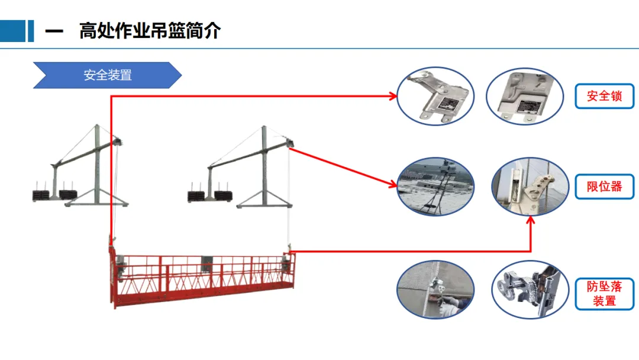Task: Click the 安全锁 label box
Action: pyautogui.click(x=604, y=96)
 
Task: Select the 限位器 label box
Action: pyautogui.click(x=604, y=187)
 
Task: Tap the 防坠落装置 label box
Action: pyautogui.click(x=604, y=294)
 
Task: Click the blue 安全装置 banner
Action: pyautogui.click(x=107, y=75)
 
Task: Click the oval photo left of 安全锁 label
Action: pyautogui.click(x=523, y=96)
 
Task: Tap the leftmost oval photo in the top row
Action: pyautogui.click(x=435, y=96)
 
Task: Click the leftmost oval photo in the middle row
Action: pyautogui.click(x=435, y=187)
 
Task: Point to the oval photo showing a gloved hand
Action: pyautogui.click(x=435, y=290)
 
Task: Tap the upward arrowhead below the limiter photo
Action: pyautogui.click(x=531, y=220)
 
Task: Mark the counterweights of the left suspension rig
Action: pyautogui.click(x=54, y=194)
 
